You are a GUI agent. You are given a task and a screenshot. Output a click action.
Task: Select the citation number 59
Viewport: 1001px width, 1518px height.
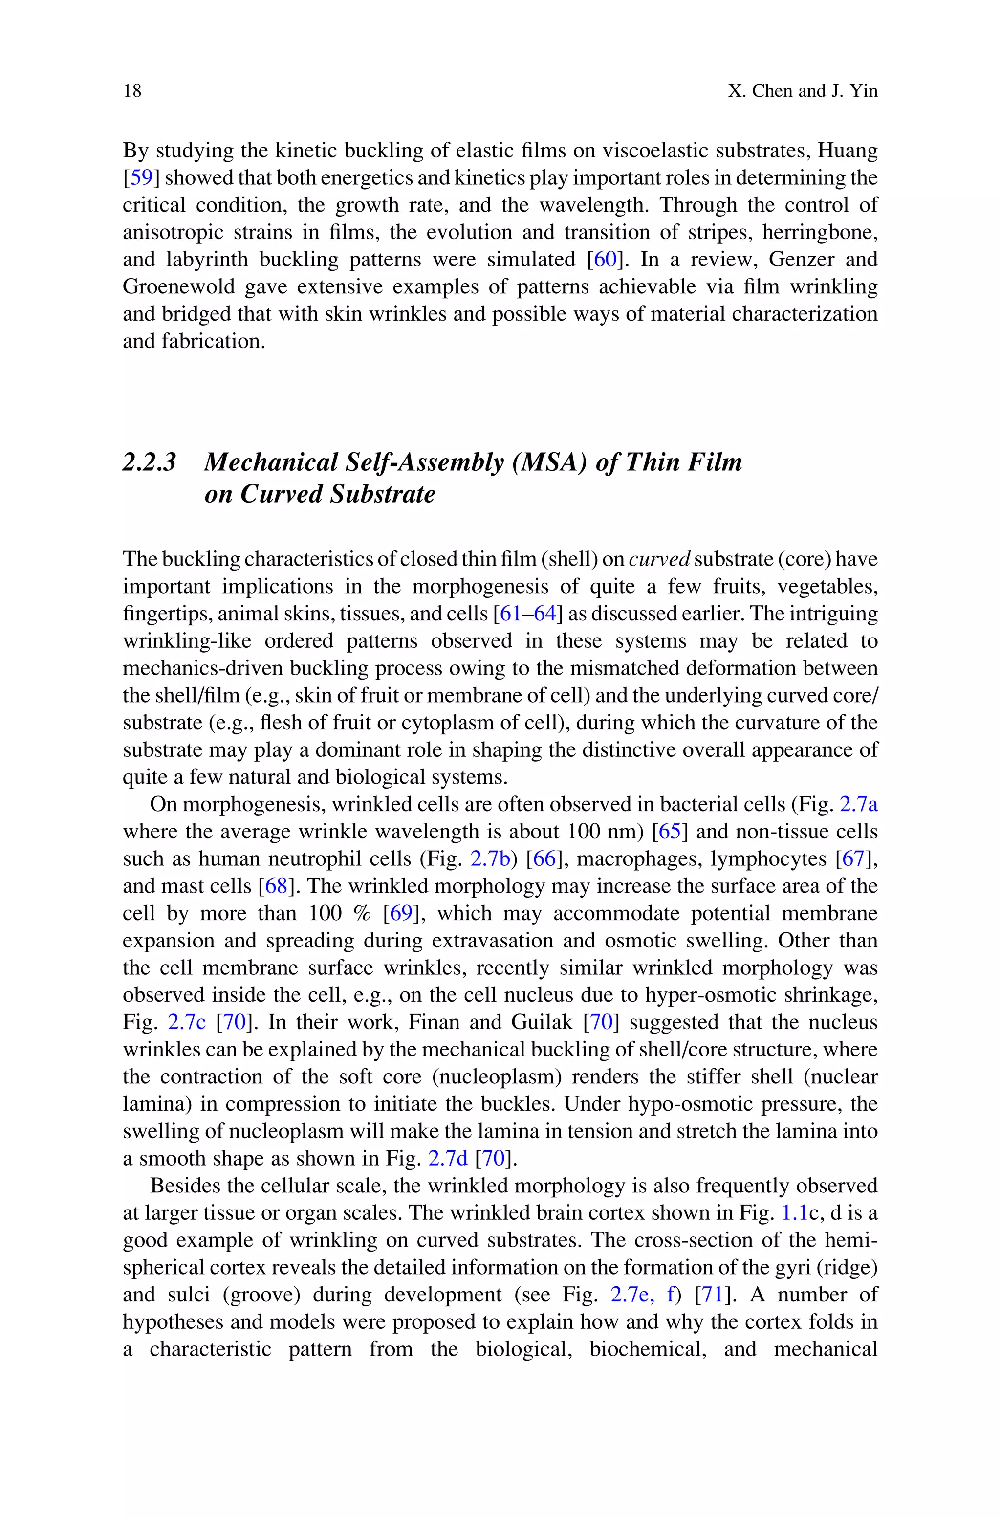tap(141, 178)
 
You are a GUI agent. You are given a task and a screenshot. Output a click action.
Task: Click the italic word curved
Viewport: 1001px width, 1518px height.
tap(659, 559)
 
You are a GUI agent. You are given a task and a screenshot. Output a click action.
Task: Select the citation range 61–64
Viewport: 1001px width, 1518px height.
tap(528, 614)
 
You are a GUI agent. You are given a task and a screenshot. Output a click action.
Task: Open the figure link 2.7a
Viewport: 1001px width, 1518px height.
tap(859, 804)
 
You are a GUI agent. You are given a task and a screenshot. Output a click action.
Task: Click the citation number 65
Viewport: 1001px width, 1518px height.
tap(670, 832)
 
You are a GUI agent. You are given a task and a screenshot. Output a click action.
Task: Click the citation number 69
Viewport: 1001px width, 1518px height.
tap(401, 913)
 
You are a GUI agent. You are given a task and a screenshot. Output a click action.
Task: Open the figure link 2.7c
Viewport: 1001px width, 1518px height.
tap(186, 1023)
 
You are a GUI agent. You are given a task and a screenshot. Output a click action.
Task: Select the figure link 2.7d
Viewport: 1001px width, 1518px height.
tap(448, 1159)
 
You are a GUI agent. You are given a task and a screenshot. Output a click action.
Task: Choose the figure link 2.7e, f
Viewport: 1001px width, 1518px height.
tap(642, 1295)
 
